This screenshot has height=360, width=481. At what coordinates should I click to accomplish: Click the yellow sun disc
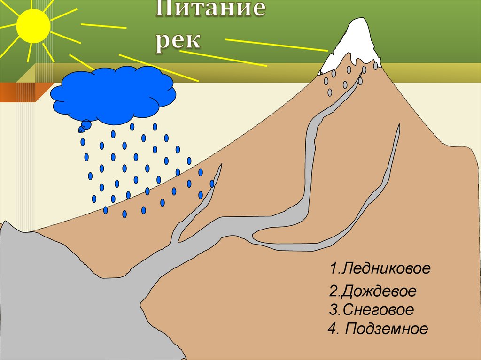tap(33, 26)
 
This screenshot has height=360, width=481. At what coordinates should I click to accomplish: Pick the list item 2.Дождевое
tap(372, 291)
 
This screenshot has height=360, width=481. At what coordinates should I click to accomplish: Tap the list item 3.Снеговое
tap(371, 310)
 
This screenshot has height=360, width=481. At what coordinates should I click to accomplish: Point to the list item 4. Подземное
tap(378, 329)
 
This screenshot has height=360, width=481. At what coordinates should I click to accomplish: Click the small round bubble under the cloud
tap(85, 125)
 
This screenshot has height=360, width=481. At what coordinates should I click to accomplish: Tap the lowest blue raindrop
tap(124, 214)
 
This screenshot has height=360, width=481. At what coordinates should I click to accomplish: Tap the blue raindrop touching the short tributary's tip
tap(212, 184)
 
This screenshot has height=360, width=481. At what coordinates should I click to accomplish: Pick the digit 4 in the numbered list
tap(333, 329)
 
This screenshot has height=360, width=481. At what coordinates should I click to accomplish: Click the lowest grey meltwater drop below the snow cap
tap(330, 92)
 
